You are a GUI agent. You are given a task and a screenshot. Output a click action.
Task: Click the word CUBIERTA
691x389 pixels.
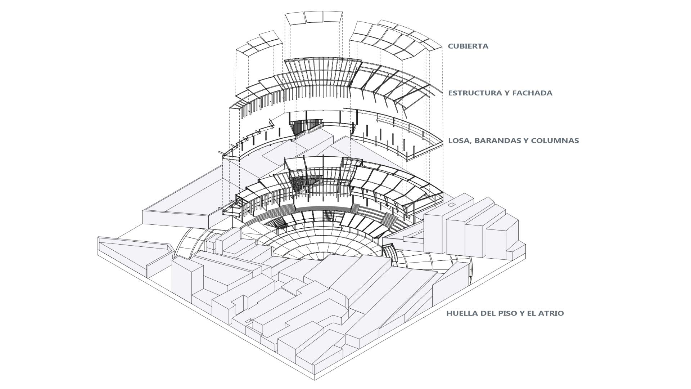click(x=468, y=46)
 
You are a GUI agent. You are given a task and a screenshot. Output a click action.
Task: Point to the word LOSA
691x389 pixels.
click(x=459, y=140)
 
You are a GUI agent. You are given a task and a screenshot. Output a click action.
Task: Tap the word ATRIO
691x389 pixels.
click(x=551, y=313)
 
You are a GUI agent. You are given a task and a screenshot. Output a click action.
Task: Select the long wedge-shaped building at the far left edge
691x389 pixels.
click(x=133, y=252)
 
